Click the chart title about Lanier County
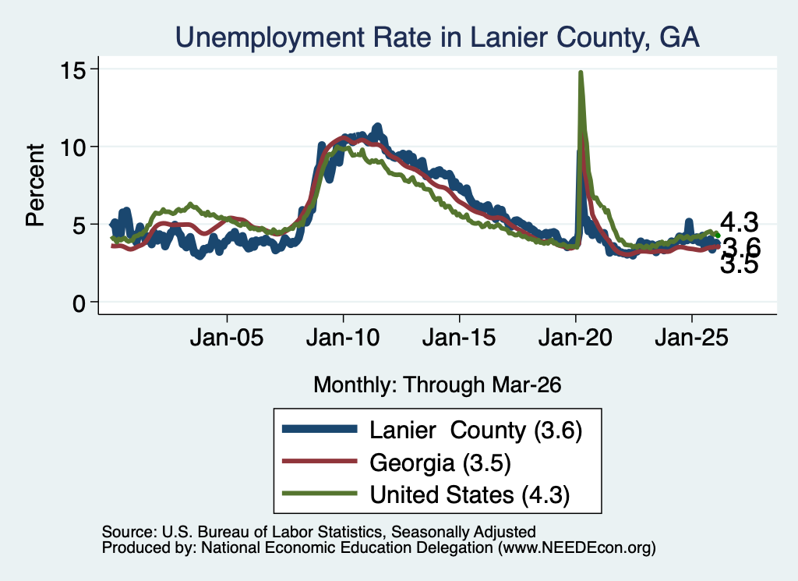click(437, 37)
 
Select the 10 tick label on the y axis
click(72, 147)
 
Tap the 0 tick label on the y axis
click(79, 303)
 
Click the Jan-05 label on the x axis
click(227, 338)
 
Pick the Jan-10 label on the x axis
click(343, 338)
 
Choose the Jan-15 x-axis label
click(459, 338)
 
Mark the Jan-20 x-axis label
click(575, 338)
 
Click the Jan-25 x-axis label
click(692, 338)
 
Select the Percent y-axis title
click(35, 185)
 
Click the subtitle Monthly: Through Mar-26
click(437, 384)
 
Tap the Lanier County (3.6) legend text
click(476, 430)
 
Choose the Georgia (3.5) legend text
click(440, 463)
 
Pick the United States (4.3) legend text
click(470, 495)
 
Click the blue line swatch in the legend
click(320, 429)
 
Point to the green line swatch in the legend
click(320, 493)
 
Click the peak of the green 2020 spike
click(580, 73)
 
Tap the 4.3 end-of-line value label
click(739, 222)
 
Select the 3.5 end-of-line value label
click(739, 264)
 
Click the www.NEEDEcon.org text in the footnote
click(577, 548)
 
